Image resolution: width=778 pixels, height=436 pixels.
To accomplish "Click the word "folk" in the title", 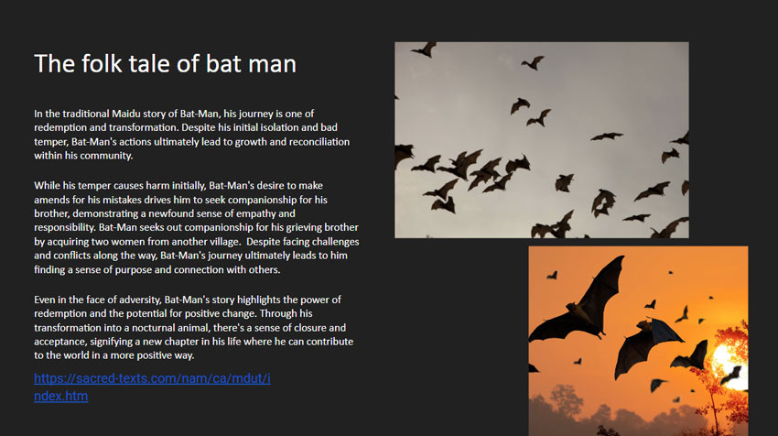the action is (102, 64).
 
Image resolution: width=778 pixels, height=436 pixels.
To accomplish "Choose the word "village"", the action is (224, 242).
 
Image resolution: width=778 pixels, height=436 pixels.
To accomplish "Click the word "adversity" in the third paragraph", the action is (141, 300).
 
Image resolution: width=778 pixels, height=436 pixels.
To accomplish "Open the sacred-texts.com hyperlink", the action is (152, 387).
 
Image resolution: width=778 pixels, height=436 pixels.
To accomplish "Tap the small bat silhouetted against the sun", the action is (732, 375).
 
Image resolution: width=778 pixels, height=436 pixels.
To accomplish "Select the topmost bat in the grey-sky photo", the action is (425, 49).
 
